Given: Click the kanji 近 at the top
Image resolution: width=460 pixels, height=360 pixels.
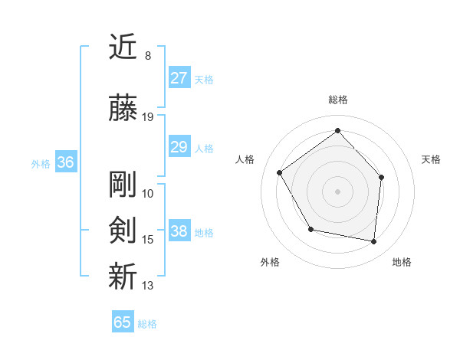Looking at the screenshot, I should click(123, 47).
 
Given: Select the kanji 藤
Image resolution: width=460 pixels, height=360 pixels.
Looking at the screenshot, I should click(123, 109).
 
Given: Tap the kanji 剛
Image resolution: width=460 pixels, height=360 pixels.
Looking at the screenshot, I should click(123, 185).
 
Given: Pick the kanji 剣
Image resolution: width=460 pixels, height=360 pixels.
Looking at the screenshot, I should click(123, 231).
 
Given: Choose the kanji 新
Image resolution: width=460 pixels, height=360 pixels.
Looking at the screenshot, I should click(123, 277).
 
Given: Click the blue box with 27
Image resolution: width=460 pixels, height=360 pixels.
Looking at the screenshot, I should click(179, 78).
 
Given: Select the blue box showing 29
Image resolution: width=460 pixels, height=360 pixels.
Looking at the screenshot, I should click(179, 147).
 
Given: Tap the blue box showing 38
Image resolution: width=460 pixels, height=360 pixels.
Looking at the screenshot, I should click(179, 231).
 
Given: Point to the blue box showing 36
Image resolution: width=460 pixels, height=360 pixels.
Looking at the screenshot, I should click(65, 162).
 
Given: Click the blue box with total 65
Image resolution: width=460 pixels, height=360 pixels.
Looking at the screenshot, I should click(123, 322).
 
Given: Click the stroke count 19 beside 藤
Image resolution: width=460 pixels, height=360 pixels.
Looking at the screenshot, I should click(148, 117).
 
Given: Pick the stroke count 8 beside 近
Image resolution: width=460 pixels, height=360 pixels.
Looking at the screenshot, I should click(148, 56).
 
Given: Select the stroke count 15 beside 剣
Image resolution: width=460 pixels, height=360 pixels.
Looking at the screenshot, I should click(148, 240).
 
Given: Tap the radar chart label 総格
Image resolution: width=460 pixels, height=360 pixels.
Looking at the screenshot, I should click(337, 100).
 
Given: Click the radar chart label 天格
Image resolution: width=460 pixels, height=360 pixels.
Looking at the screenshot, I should click(432, 159).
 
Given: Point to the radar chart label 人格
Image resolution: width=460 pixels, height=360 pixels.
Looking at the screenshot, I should click(245, 159).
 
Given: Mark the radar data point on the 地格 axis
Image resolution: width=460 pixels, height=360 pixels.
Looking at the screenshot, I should click(373, 242).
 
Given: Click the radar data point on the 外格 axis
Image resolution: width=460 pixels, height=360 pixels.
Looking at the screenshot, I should click(310, 229).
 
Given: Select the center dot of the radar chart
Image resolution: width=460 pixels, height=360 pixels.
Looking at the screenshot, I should click(337, 191).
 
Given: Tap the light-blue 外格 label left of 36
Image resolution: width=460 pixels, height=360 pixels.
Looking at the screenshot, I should click(41, 163).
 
